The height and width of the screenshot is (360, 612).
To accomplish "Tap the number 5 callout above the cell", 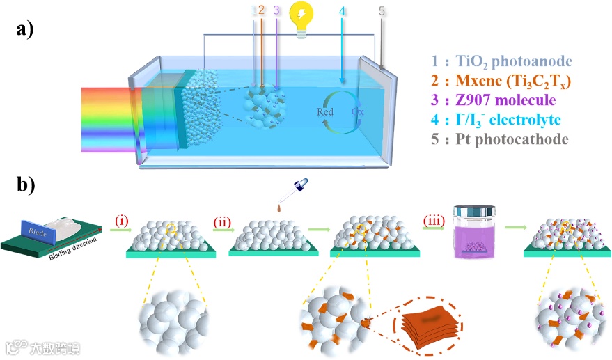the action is pos(381,11).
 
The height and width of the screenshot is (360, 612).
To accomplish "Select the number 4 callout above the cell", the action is pos(341,11).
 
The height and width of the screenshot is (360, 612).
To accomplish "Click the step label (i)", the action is pos(122,221).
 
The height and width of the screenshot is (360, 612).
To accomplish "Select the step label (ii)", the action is pos(223,221).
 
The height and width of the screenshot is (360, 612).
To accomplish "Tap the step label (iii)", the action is pos(435,221).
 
